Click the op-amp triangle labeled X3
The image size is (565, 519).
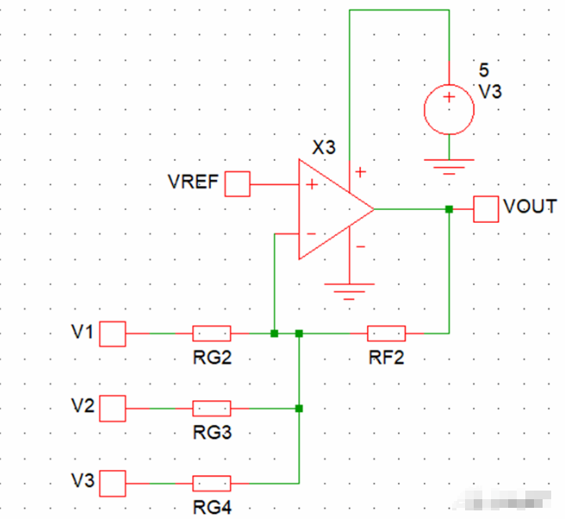tap(332, 209)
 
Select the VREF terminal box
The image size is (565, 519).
tap(237, 183)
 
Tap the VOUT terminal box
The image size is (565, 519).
tap(487, 208)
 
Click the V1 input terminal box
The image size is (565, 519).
tap(114, 333)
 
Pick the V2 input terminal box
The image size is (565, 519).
tap(114, 408)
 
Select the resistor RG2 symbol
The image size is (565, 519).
tap(211, 333)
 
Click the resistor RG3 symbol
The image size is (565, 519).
tap(211, 408)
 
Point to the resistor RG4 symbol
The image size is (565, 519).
tap(211, 483)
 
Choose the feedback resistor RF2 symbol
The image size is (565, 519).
tap(386, 333)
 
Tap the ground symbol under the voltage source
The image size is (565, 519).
tap(448, 165)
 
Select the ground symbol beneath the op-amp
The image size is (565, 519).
tap(349, 291)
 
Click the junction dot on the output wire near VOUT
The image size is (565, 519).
tap(449, 208)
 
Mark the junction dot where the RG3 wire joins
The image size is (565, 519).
tap(299, 408)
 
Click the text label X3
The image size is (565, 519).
tap(323, 147)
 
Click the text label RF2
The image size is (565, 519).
tap(386, 357)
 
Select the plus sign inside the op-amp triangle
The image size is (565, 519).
tap(309, 184)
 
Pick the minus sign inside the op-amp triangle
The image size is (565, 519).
tap(309, 234)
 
